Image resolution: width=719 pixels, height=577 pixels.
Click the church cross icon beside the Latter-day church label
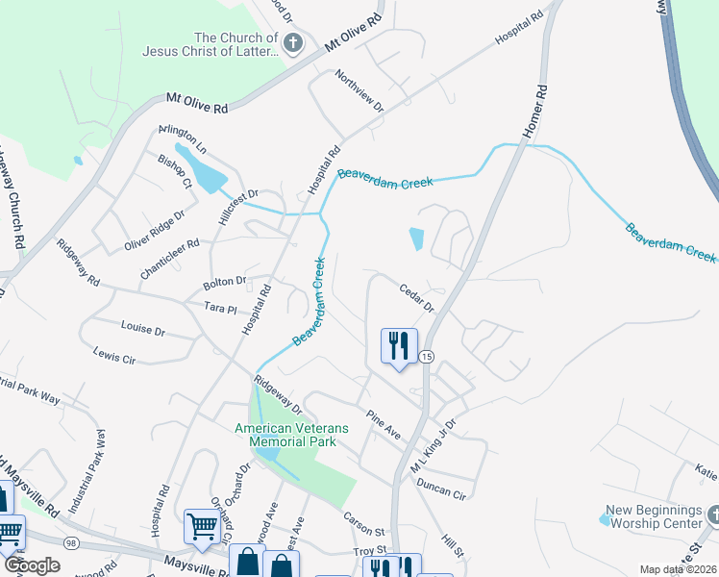coord(294,42)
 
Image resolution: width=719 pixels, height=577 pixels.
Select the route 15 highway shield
coord(427,357)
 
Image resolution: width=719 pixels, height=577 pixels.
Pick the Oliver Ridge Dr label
coord(154,231)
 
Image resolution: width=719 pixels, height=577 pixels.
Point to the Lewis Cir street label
coord(113,357)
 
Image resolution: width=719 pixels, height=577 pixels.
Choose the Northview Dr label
coord(359,91)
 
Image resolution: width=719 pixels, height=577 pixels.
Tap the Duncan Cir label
coord(440,489)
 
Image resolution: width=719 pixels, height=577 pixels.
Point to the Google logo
coord(31,565)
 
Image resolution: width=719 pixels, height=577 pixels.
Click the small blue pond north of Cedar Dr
coord(416,238)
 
